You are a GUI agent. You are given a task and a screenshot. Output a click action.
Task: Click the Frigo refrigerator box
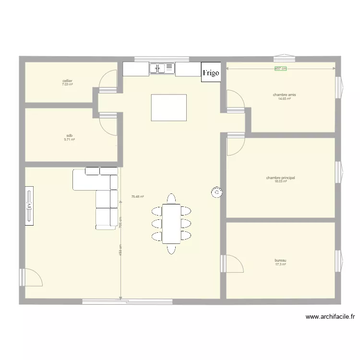coord(211,72)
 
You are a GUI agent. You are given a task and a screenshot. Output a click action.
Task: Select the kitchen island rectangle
coord(168,108)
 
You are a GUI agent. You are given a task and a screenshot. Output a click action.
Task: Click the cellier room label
coord(67,81)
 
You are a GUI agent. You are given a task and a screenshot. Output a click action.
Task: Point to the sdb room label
coord(69,136)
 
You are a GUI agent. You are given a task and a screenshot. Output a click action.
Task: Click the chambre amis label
coord(285,95)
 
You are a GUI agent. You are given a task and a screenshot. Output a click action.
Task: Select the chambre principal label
coord(281,178)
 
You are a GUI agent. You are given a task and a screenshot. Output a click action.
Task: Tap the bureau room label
coord(281,261)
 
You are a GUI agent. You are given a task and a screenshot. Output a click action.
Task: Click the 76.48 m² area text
coord(138,196)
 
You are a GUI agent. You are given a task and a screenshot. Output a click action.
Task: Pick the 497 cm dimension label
coord(280,69)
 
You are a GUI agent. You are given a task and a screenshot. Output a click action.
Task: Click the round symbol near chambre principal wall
coord(216,192)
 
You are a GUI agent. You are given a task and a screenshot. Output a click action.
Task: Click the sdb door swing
coord(108,124)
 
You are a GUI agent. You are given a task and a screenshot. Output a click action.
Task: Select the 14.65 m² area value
coord(285,99)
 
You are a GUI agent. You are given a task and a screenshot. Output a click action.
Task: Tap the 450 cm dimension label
coord(120,250)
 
